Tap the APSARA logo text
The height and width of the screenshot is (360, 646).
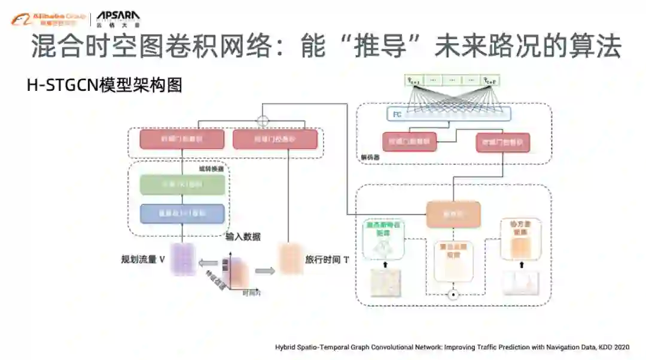(118, 18)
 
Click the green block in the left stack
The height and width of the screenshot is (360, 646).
(182, 185)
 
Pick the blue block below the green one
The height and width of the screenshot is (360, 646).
(182, 213)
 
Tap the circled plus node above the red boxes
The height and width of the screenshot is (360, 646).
(263, 121)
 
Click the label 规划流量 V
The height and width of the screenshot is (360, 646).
(143, 260)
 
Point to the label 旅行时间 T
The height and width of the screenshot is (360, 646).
(327, 260)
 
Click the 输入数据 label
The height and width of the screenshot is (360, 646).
(243, 237)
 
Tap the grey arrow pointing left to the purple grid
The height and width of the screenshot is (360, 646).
(208, 262)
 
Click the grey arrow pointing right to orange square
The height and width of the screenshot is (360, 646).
(265, 270)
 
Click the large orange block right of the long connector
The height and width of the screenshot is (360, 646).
(453, 213)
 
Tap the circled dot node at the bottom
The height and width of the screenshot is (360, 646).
(453, 295)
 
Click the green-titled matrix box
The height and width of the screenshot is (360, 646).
(383, 239)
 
